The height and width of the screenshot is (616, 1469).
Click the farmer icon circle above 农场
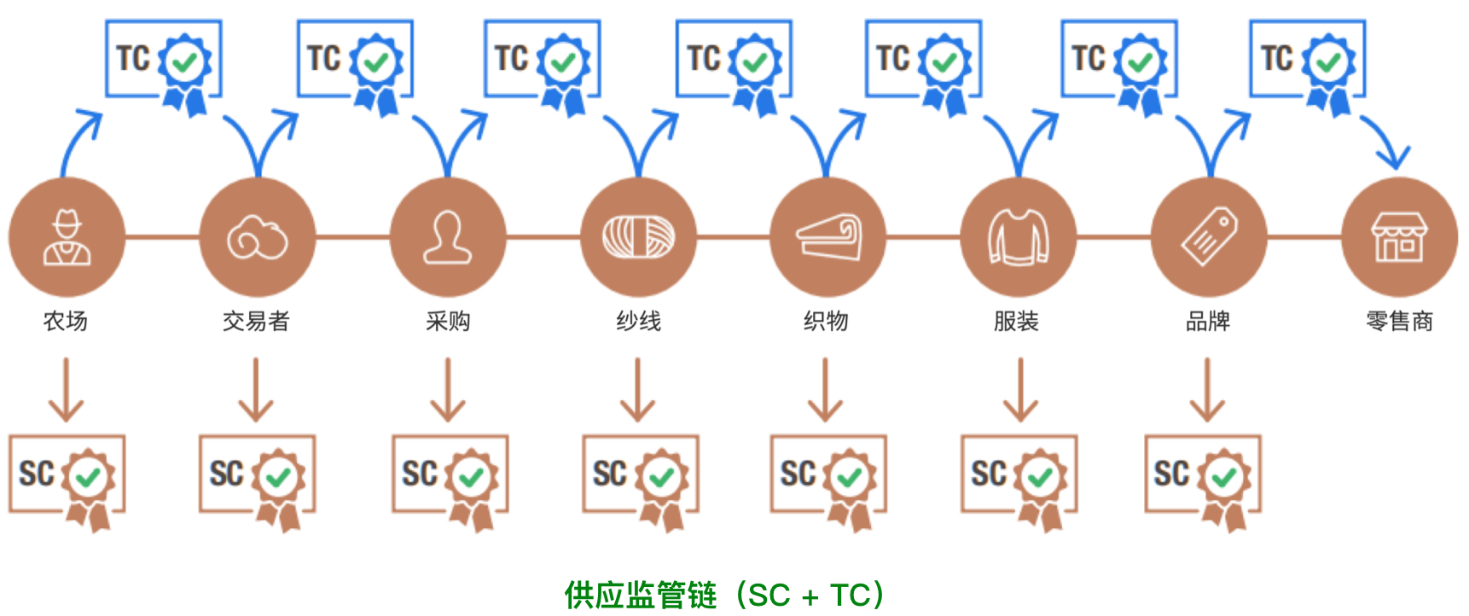pos(67,237)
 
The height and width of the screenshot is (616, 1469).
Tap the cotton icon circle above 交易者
pos(257,237)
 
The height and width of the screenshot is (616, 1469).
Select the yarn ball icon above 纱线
pos(638,237)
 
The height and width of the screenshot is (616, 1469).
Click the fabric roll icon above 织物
pos(827,237)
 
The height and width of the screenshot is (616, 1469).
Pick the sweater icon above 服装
pos(1018,237)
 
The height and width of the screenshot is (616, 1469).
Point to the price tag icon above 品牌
pos(1209,237)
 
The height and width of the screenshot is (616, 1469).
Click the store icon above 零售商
pos(1399,237)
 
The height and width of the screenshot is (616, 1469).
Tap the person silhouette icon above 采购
pos(448,237)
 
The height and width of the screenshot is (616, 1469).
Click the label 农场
pos(66,322)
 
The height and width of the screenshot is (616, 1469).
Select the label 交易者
pos(256,322)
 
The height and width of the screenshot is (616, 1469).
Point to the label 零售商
pos(1399,322)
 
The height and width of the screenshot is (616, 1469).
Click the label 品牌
pos(1208,322)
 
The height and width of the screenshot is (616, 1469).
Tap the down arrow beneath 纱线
pos(638,390)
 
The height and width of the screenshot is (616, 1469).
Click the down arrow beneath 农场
pos(67,390)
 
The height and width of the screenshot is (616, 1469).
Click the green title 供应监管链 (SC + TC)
pos(724,595)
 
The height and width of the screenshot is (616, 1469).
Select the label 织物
pos(826,322)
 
